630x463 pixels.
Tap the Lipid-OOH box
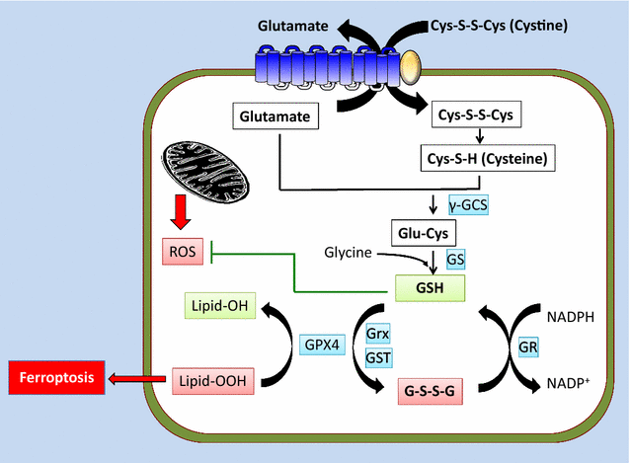click(214, 379)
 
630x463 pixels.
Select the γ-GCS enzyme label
click(469, 205)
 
